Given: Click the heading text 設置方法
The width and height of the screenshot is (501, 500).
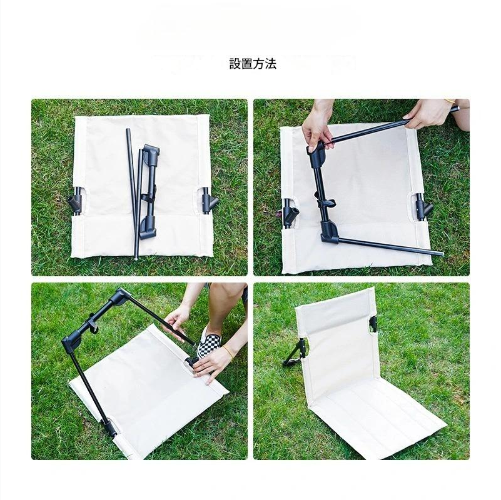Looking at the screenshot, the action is (x=253, y=64).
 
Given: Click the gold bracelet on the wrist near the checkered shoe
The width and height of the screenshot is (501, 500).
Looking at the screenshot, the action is (x=228, y=352).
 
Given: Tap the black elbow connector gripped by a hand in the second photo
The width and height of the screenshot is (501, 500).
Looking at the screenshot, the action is (x=316, y=151).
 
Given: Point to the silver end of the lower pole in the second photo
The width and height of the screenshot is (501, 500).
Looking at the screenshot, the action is (x=438, y=253).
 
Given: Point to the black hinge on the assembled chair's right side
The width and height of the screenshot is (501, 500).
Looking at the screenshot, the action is (x=373, y=325).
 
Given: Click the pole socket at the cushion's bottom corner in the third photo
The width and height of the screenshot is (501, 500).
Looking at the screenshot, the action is (x=110, y=428).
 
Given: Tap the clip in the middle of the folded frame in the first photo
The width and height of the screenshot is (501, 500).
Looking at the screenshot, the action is (x=148, y=196).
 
